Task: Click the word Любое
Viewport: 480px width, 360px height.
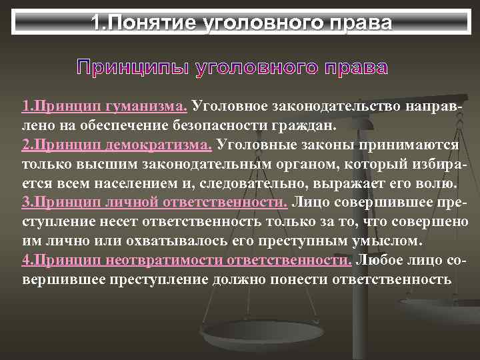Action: (382, 260)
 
